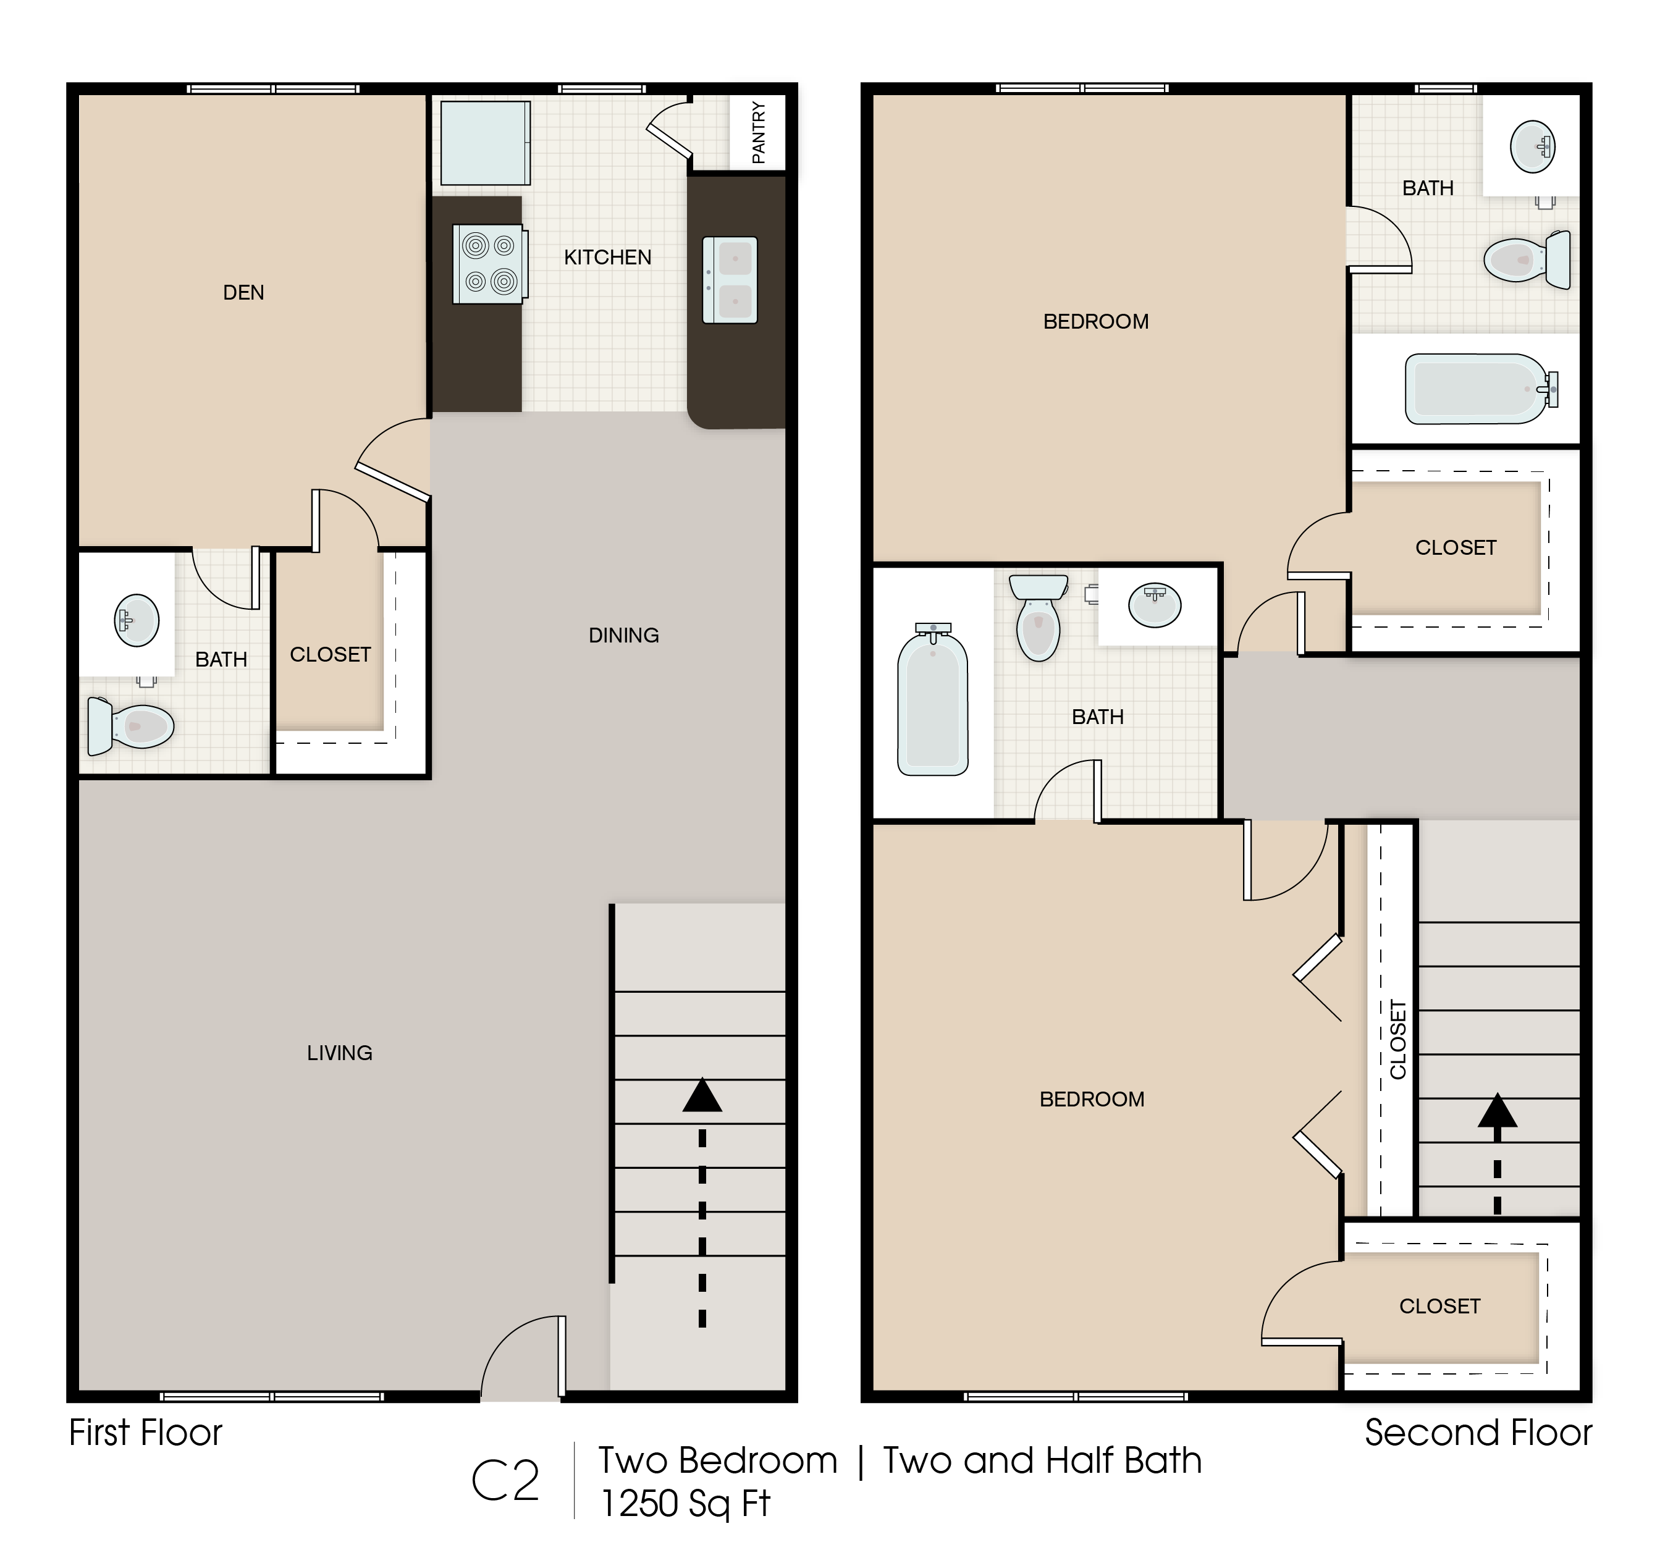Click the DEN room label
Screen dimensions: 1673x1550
pyautogui.click(x=243, y=293)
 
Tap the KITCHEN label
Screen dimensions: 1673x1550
pyautogui.click(x=607, y=258)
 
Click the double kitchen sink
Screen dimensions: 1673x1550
pyautogui.click(x=730, y=280)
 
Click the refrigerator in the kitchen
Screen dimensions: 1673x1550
pyautogui.click(x=486, y=143)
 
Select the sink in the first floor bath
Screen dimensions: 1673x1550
pyautogui.click(x=137, y=621)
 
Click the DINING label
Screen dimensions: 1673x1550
pyautogui.click(x=624, y=636)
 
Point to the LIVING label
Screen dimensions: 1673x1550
pyautogui.click(x=340, y=1053)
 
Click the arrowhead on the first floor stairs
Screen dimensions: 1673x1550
pyautogui.click(x=702, y=1096)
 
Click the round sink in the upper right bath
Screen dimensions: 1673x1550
pyautogui.click(x=1533, y=147)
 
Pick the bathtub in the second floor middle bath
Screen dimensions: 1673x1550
pyautogui.click(x=932, y=699)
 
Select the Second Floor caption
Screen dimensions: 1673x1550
pyautogui.click(x=1478, y=1433)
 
